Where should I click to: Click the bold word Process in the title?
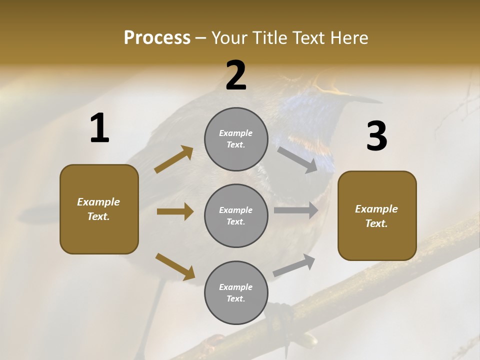coord(157,38)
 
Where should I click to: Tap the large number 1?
coord(99,128)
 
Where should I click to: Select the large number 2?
coord(236,75)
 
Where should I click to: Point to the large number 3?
coord(376,136)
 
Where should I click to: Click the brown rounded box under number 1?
coord(99,209)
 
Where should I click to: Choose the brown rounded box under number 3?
coord(377,215)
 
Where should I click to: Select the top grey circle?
coord(236,139)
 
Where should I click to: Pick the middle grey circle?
coord(236,215)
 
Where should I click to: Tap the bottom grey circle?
coord(236,292)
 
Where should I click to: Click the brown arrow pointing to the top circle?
coord(174,159)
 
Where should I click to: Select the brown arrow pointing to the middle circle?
coord(175,211)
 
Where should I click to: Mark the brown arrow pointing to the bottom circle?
coord(175,266)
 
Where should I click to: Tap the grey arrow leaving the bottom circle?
coord(294,265)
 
